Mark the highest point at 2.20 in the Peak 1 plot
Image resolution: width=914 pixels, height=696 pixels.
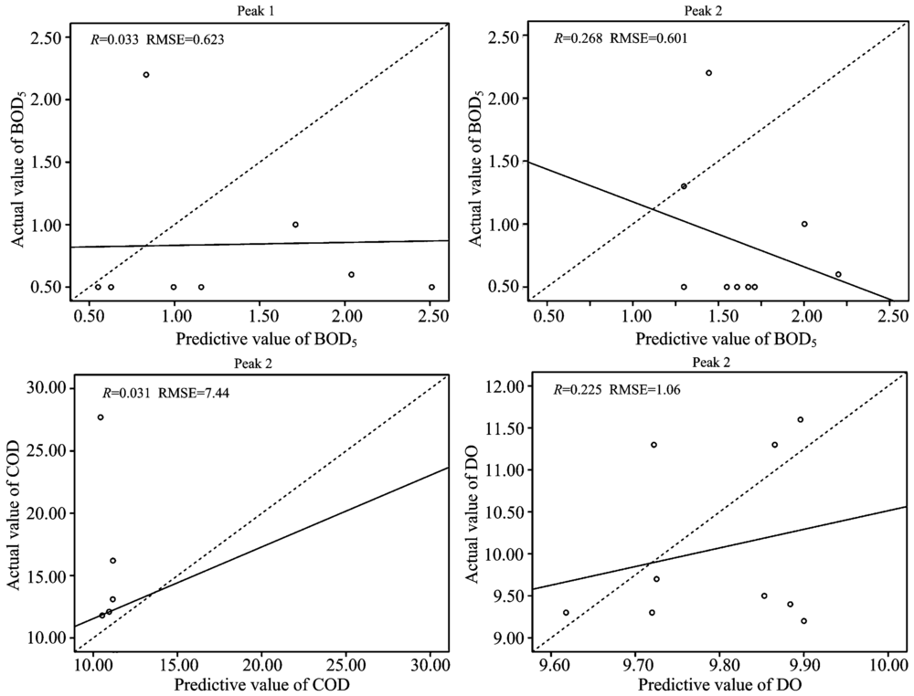(146, 75)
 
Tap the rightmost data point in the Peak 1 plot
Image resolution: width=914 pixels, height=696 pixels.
(431, 287)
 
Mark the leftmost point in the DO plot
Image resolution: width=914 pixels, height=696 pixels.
(566, 613)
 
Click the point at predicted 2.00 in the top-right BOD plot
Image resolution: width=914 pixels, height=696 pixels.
(804, 224)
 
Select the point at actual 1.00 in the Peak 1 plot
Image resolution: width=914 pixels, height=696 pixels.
(295, 225)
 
